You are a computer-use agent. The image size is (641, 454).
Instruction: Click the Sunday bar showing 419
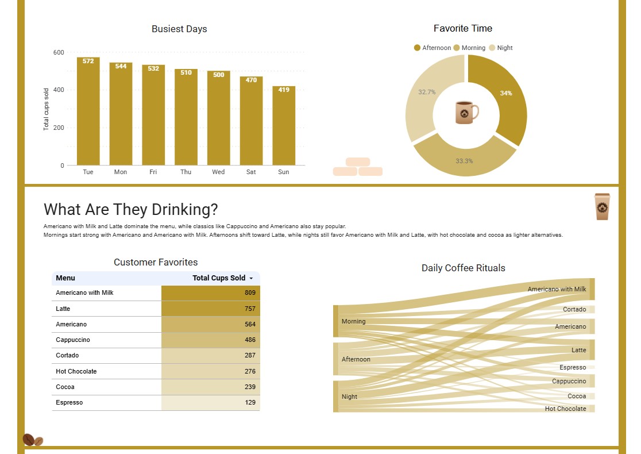284,126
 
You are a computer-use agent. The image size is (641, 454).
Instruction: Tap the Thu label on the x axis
186,172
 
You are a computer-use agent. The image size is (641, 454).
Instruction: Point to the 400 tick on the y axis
59,90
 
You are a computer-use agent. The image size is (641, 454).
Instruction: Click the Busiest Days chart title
179,29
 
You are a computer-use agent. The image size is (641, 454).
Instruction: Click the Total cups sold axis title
47,109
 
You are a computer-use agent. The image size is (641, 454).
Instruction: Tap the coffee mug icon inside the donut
466,112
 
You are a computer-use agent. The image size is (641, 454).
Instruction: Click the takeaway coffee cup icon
601,207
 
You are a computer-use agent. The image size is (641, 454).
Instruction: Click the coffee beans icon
33,440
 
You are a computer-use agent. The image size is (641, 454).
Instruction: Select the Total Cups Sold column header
219,278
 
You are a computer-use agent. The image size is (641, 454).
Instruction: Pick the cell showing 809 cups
211,293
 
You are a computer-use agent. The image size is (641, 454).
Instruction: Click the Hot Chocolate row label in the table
76,371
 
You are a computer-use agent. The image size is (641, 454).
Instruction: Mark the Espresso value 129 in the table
211,403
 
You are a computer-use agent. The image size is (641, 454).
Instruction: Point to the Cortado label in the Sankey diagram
574,310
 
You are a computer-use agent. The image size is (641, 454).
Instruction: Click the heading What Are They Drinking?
131,210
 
